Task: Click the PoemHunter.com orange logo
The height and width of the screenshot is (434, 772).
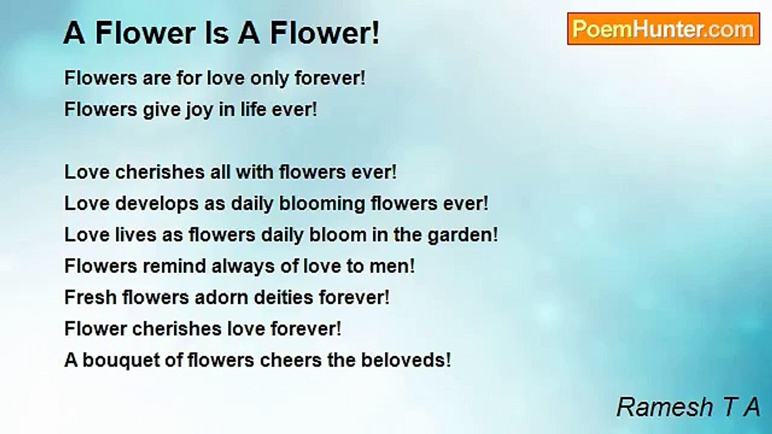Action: coord(663,29)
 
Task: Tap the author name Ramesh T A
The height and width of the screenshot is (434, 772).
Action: coord(688,407)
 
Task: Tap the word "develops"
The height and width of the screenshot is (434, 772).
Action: coord(157,204)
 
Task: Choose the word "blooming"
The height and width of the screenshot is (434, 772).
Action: coord(322,204)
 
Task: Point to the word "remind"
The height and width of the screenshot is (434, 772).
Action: coord(174,266)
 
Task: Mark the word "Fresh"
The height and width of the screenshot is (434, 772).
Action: coord(90,297)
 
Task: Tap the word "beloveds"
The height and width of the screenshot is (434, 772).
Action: coord(402,360)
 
